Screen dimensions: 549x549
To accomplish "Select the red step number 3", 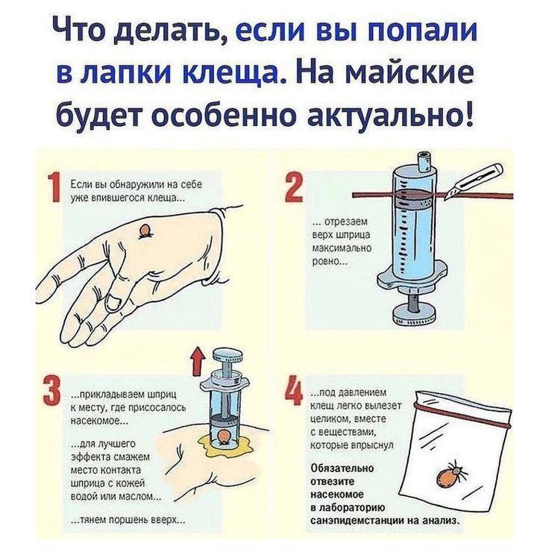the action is coord(52,392).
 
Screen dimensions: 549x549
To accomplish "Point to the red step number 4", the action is coord(294,389).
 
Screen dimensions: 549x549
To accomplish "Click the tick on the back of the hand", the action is coord(144,231).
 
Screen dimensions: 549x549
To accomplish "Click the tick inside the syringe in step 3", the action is coord(223,438).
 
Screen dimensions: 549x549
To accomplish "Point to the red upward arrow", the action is coord(198,360).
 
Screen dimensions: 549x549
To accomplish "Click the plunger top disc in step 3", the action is coord(230,354).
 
